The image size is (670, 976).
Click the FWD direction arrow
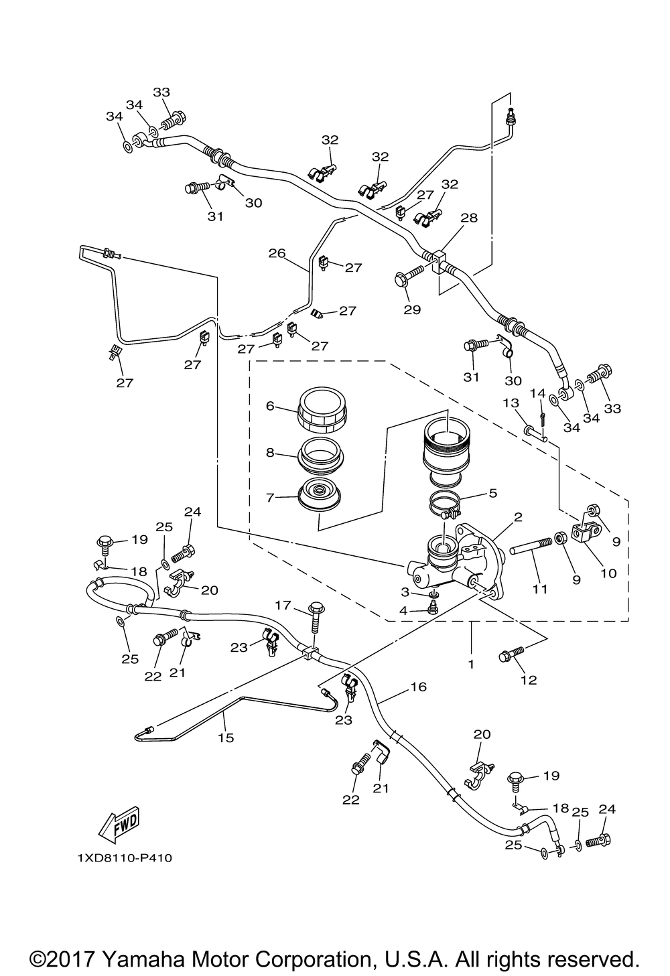[120, 825]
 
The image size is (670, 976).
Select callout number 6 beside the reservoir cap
[270, 406]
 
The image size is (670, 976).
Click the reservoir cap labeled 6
[322, 410]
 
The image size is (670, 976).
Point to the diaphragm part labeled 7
[320, 494]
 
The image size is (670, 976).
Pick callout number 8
[270, 453]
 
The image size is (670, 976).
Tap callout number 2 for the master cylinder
[518, 517]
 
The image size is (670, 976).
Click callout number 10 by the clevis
[608, 573]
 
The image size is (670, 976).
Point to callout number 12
[529, 680]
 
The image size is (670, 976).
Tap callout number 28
[470, 218]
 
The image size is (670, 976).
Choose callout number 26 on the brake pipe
[277, 253]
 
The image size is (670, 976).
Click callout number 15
[226, 738]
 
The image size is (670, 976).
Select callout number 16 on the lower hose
[419, 687]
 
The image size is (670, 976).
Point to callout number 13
[511, 403]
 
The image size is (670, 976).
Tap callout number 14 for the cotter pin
[537, 393]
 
